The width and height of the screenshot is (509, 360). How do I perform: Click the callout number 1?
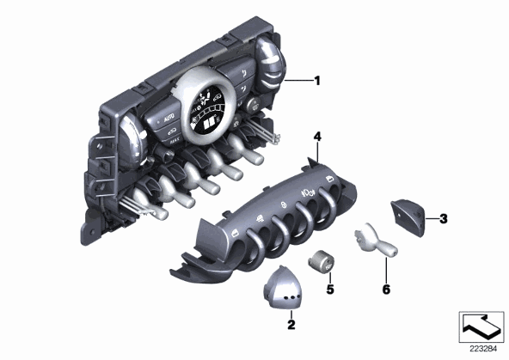[x=317, y=80]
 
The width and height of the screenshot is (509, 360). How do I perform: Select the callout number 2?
[x=291, y=324]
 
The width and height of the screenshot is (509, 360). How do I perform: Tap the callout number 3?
[x=443, y=218]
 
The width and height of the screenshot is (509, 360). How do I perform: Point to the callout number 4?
[x=317, y=137]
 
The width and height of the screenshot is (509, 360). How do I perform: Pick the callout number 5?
[x=330, y=289]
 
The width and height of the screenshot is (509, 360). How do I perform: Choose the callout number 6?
[x=386, y=289]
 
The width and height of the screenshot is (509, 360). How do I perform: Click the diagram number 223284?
[x=483, y=349]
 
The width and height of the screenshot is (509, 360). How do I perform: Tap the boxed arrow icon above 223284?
[x=481, y=326]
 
